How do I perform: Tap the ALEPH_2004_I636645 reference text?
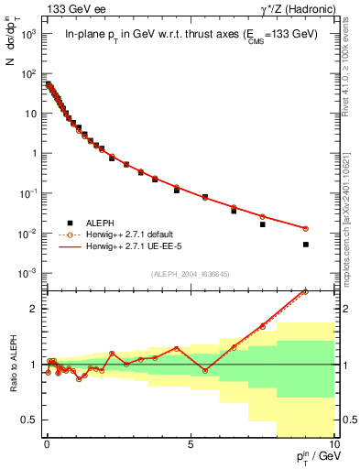pyautogui.click(x=190, y=275)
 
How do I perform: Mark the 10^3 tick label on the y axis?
pyautogui.click(x=27, y=34)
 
